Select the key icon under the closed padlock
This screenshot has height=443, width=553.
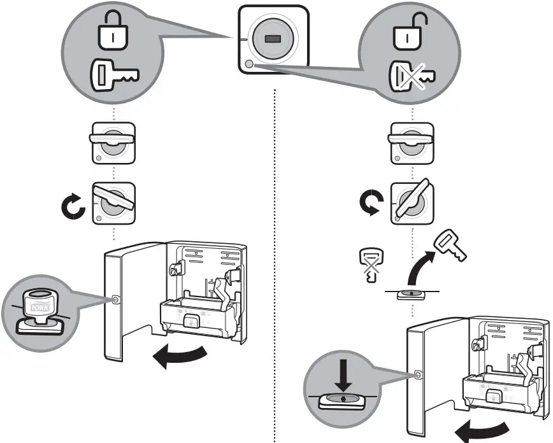pos(112,74)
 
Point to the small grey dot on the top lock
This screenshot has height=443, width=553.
pos(248,64)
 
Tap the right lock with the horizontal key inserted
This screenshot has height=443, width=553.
pos(411,141)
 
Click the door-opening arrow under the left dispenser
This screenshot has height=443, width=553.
pos(181,356)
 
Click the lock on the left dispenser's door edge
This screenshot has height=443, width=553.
pos(115,300)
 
